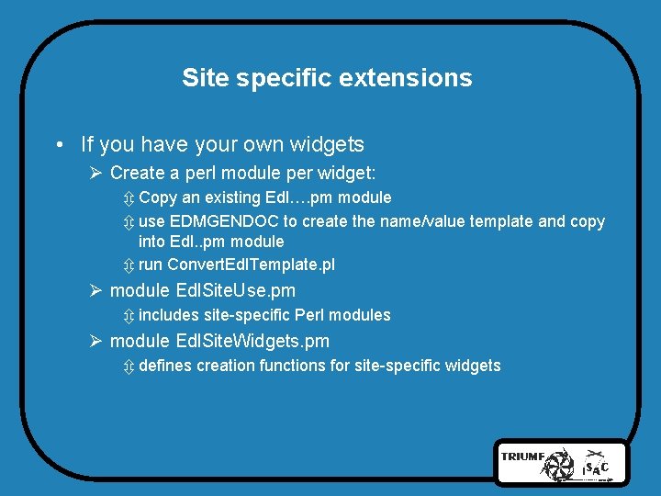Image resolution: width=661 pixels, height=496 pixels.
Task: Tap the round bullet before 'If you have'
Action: pyautogui.click(x=58, y=145)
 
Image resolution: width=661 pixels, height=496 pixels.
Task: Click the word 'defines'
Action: pyautogui.click(x=165, y=366)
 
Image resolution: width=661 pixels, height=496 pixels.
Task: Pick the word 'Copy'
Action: pyautogui.click(x=158, y=197)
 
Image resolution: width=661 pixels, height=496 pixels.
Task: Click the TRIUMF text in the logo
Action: pyautogui.click(x=522, y=457)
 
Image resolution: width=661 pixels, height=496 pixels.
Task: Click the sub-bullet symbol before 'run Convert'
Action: pyautogui.click(x=128, y=265)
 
